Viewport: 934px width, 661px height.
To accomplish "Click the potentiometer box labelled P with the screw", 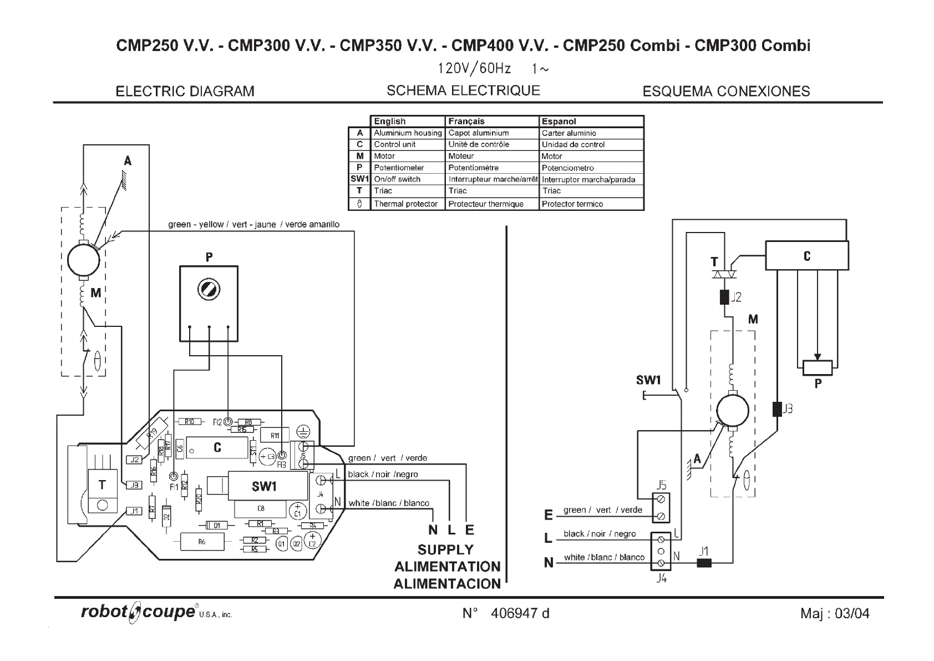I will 209,303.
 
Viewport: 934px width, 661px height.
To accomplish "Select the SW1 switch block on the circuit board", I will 264,486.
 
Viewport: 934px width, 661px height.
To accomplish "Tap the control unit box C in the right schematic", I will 806,256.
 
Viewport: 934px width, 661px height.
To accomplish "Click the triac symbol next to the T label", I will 724,274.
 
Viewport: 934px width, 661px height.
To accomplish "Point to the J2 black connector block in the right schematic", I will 724,297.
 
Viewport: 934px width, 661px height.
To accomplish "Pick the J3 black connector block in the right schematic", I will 777,409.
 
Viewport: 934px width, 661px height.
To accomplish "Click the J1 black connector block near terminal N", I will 704,563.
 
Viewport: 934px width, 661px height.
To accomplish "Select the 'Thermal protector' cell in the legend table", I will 406,204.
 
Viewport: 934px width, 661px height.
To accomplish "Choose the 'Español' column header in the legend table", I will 559,121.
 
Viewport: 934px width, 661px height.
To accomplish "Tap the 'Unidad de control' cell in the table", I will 573,144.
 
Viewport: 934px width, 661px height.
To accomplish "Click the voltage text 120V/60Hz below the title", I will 474,69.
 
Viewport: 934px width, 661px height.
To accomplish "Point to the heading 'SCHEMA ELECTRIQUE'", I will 463,90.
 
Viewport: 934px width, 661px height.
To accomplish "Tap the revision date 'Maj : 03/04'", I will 835,613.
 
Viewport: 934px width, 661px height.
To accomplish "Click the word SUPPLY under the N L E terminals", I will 445,549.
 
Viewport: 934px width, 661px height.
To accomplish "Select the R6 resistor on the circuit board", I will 202,541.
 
